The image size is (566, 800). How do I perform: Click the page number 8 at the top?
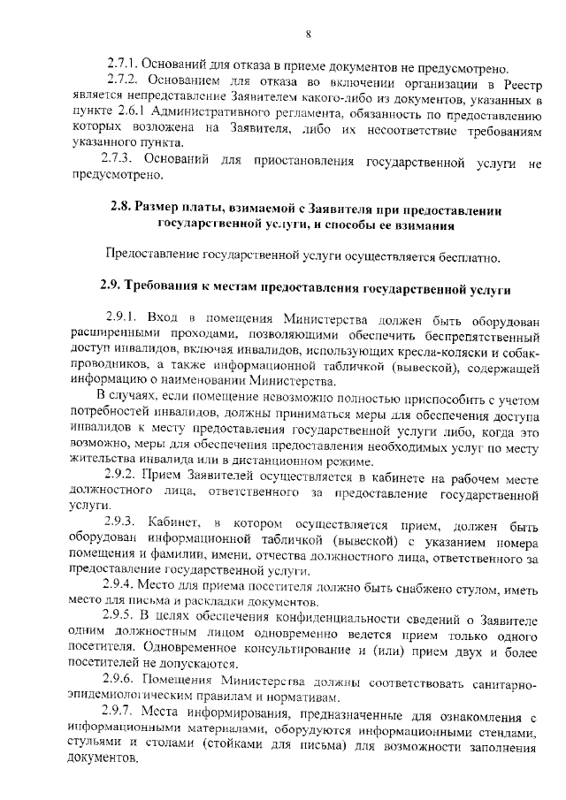308,34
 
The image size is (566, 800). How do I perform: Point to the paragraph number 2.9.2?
121,476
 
